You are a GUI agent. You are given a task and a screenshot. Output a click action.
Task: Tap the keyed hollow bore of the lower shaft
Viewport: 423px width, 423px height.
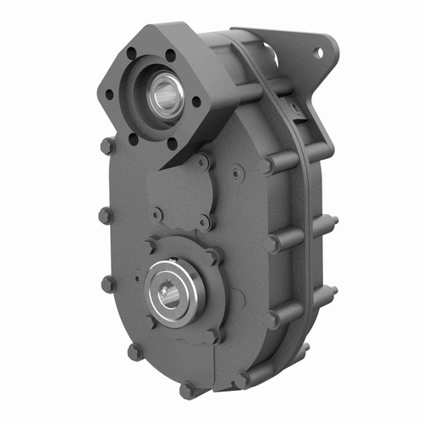(x=175, y=290)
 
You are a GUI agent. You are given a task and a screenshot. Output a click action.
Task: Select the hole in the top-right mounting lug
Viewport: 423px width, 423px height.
(x=319, y=52)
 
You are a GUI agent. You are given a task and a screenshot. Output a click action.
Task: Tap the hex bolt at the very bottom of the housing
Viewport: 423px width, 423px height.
(x=187, y=390)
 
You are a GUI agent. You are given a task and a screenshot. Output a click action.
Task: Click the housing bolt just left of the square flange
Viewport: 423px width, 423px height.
(x=107, y=146)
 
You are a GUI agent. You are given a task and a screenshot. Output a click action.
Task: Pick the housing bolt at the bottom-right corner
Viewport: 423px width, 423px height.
(x=242, y=379)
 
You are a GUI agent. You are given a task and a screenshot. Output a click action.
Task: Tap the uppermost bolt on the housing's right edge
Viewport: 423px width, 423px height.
(x=267, y=165)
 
